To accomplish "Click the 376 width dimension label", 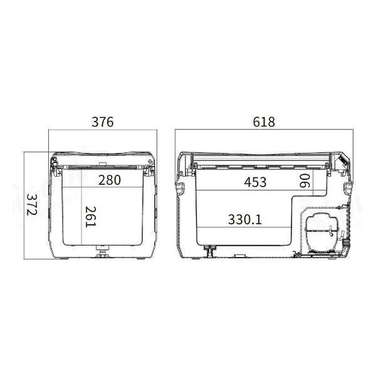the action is [102, 122].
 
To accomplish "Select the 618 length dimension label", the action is [264, 122].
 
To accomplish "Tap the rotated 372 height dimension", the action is [32, 204].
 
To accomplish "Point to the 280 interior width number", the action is [109, 180].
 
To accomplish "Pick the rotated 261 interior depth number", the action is [91, 217].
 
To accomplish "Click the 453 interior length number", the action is [255, 182].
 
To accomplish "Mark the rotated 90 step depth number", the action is [305, 180].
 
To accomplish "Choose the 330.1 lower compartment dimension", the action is [244, 219].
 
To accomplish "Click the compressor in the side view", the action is [322, 232].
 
